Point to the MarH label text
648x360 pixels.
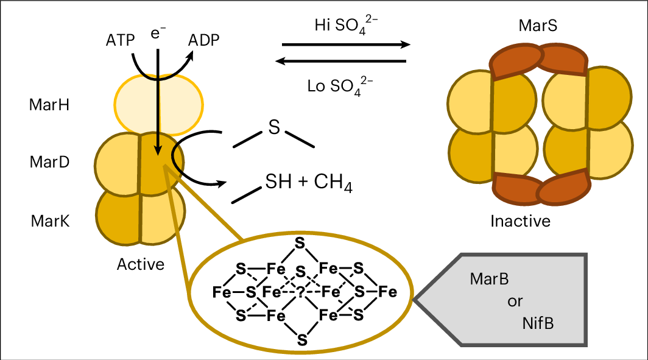(x=49, y=105)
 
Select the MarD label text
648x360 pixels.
(x=49, y=163)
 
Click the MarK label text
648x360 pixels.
(x=49, y=221)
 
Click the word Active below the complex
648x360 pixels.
(x=141, y=264)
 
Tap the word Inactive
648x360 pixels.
(x=520, y=221)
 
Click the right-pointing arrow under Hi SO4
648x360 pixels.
(x=346, y=44)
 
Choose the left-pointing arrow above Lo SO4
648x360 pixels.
(x=341, y=61)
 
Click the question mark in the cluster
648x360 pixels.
(x=300, y=292)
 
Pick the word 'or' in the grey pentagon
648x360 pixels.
(x=515, y=302)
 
